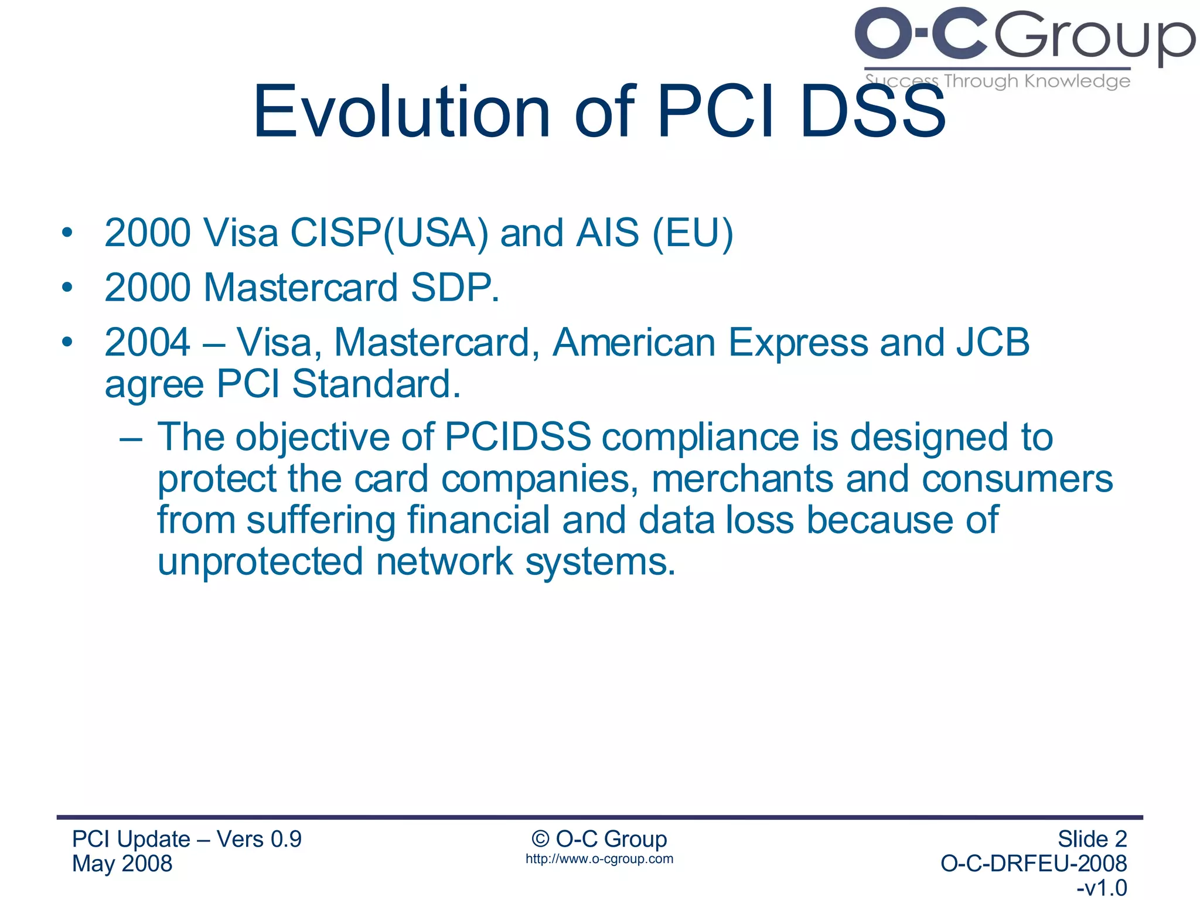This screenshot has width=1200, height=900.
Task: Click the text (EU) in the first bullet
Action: click(x=693, y=233)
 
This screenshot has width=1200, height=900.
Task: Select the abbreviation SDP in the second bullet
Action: click(x=451, y=288)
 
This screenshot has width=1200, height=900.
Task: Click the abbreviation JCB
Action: click(x=993, y=342)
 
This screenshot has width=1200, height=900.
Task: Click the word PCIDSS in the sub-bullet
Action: click(x=517, y=437)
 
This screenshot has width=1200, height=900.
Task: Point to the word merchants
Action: click(x=742, y=479)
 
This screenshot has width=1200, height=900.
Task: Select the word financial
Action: click(x=478, y=520)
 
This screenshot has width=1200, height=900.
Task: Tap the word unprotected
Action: click(x=260, y=562)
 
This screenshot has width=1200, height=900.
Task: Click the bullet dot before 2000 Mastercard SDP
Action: click(x=67, y=288)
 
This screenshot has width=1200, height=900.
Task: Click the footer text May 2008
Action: click(x=122, y=864)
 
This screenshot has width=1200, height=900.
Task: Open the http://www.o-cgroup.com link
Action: click(x=599, y=859)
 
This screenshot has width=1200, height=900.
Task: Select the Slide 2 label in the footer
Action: click(x=1092, y=839)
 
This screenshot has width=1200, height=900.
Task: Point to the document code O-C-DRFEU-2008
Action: click(x=1033, y=864)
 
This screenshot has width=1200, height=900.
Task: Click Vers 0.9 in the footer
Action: click(x=259, y=839)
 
